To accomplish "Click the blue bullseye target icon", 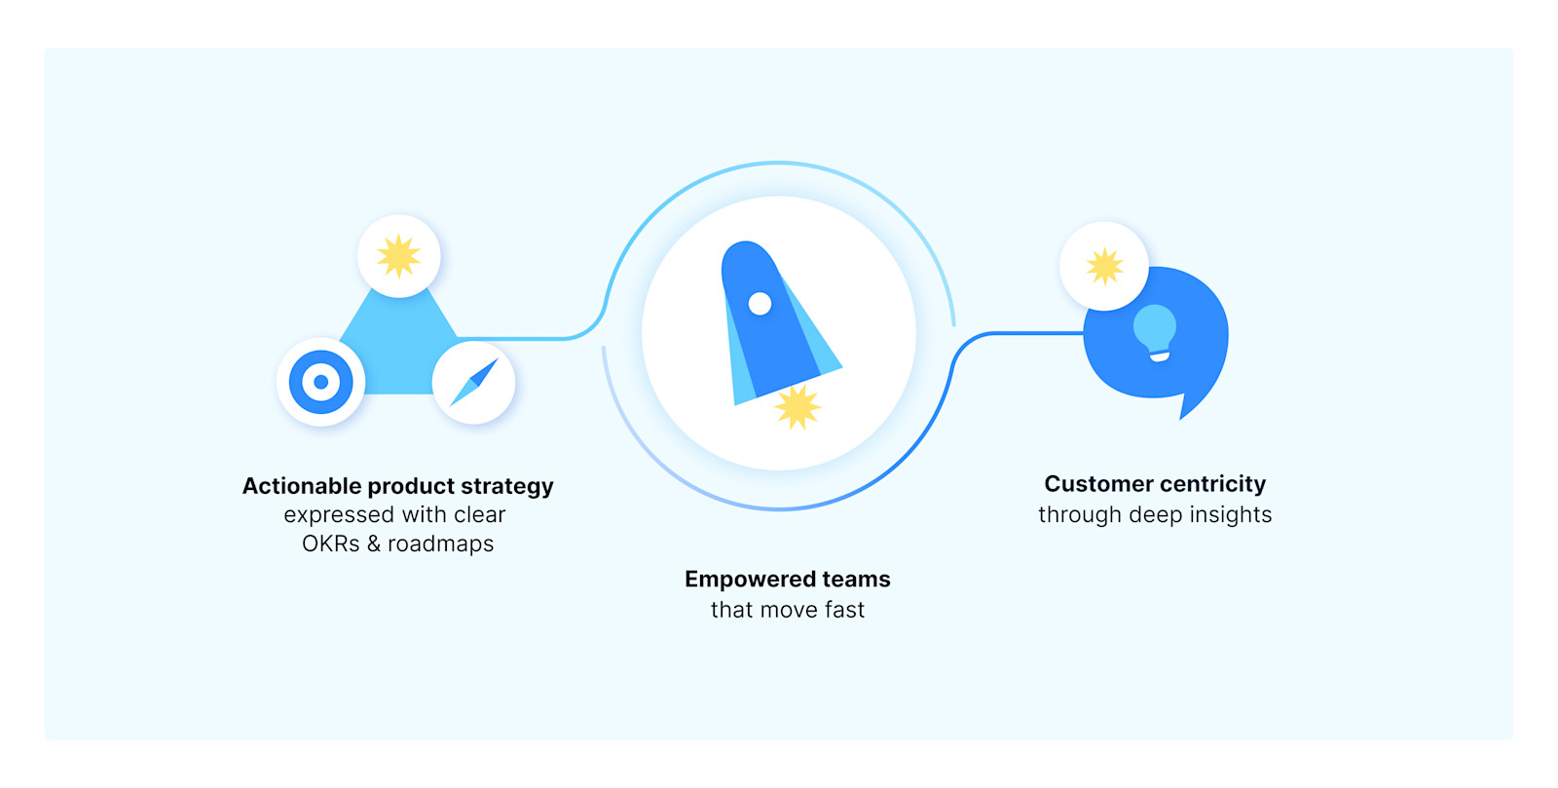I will click(x=320, y=382).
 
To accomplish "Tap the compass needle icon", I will click(x=474, y=383).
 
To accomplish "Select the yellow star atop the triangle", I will click(x=398, y=256).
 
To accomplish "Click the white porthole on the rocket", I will click(x=760, y=304).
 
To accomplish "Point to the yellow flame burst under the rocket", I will click(x=798, y=407).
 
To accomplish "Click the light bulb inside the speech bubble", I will click(x=1156, y=332).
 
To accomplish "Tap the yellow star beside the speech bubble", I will click(x=1104, y=266).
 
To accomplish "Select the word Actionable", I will click(x=302, y=486).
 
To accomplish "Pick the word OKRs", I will click(x=330, y=544).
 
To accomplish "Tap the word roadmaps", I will click(x=440, y=544).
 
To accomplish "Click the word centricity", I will click(x=1212, y=484).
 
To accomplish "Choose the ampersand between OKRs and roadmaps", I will click(x=373, y=544).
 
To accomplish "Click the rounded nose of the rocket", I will click(x=746, y=252).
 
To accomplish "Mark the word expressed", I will click(x=338, y=514).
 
